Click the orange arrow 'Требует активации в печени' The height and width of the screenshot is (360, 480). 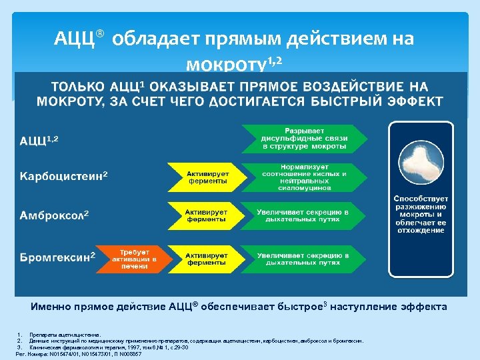pyautogui.click(x=133, y=257)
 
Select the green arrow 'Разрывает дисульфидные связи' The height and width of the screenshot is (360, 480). pyautogui.click(x=303, y=138)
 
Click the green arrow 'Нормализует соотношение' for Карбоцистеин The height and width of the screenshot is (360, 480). pyautogui.click(x=303, y=177)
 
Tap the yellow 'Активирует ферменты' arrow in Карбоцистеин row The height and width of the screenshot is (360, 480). pyautogui.click(x=206, y=177)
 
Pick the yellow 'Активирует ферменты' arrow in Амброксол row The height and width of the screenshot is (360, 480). pyautogui.click(x=206, y=216)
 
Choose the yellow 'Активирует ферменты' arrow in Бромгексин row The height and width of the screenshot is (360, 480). pyautogui.click(x=206, y=258)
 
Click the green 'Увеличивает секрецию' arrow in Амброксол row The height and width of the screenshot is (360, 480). pyautogui.click(x=303, y=216)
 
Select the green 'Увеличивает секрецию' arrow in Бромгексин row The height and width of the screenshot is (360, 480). pyautogui.click(x=303, y=258)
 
